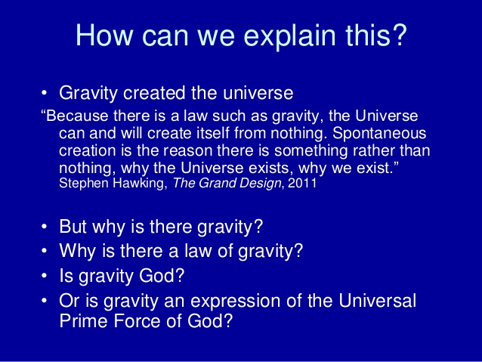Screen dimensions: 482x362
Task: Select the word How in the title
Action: [104, 35]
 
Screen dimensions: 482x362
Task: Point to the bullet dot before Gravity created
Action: [45, 92]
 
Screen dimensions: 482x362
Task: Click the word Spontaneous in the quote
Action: [379, 134]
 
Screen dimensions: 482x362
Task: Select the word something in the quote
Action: [311, 151]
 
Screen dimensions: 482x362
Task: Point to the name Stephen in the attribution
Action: [84, 184]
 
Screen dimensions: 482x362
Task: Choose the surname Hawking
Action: [140, 184]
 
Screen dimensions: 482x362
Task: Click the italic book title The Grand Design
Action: [227, 184]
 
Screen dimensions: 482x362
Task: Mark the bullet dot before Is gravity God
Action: [45, 275]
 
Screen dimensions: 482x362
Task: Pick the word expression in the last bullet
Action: [235, 301]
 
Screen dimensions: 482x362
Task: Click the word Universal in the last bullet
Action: [377, 300]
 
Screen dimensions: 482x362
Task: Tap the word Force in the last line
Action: [137, 321]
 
